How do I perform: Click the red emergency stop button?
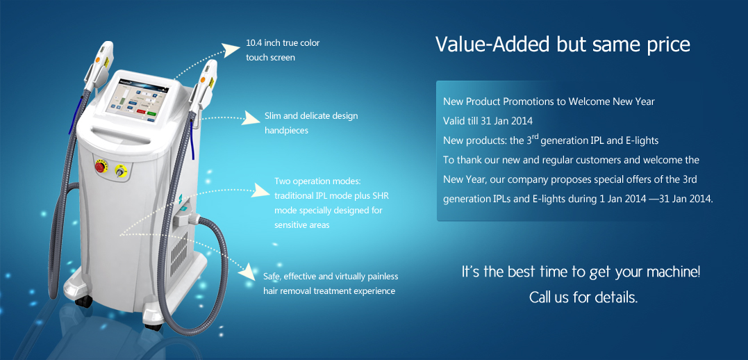pyautogui.click(x=100, y=166)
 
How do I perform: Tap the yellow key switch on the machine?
pyautogui.click(x=119, y=170)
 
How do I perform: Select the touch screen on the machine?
pyautogui.click(x=138, y=101)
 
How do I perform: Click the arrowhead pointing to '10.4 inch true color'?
pyautogui.click(x=231, y=48)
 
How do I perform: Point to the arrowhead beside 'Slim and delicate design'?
pyautogui.click(x=251, y=117)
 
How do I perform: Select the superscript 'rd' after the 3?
pyautogui.click(x=535, y=136)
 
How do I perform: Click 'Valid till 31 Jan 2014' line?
pyautogui.click(x=488, y=121)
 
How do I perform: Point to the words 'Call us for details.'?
pyautogui.click(x=583, y=297)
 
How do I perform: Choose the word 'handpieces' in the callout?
pyautogui.click(x=286, y=131)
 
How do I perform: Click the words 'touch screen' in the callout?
pyautogui.click(x=270, y=58)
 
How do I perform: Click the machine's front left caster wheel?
pyautogui.click(x=84, y=302)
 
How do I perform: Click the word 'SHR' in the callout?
pyautogui.click(x=381, y=196)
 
